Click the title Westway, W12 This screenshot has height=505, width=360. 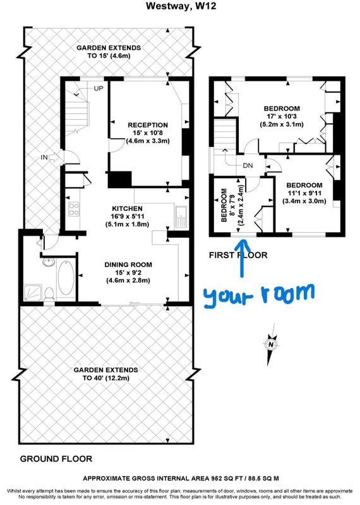click(x=181, y=6)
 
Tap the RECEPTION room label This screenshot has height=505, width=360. click(x=148, y=125)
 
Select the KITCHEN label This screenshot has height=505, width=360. click(x=128, y=208)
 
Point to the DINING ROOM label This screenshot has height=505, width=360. click(x=128, y=264)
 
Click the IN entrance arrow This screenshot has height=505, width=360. click(x=54, y=157)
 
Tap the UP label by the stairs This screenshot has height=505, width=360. click(x=99, y=88)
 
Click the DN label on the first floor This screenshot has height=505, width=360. click(x=248, y=165)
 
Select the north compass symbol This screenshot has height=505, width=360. click(x=271, y=345)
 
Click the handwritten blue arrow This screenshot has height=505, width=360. click(x=242, y=257)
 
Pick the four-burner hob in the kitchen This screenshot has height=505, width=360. click(x=74, y=209)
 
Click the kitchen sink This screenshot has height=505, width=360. click(x=181, y=217)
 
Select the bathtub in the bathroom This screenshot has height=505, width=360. click(x=66, y=278)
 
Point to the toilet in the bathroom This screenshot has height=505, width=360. click(x=49, y=294)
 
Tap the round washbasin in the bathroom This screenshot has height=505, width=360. click(x=49, y=262)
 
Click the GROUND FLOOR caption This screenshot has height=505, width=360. click(x=56, y=459)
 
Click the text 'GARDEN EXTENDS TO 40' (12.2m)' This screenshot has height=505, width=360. click(x=105, y=374)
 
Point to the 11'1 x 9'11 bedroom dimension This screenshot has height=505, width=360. click(x=304, y=193)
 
